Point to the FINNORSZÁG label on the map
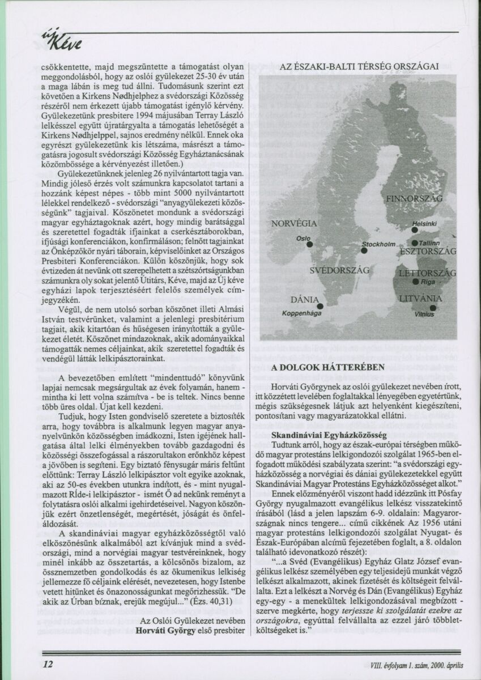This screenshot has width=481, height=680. pyautogui.click(x=414, y=199)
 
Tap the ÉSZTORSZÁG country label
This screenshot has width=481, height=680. pyautogui.click(x=428, y=250)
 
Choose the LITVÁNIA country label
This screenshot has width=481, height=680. pyautogui.click(x=420, y=297)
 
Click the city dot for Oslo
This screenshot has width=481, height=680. pyautogui.click(x=310, y=245)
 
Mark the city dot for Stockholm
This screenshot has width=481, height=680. pyautogui.click(x=364, y=250)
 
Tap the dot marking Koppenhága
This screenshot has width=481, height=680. pyautogui.click(x=320, y=306)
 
